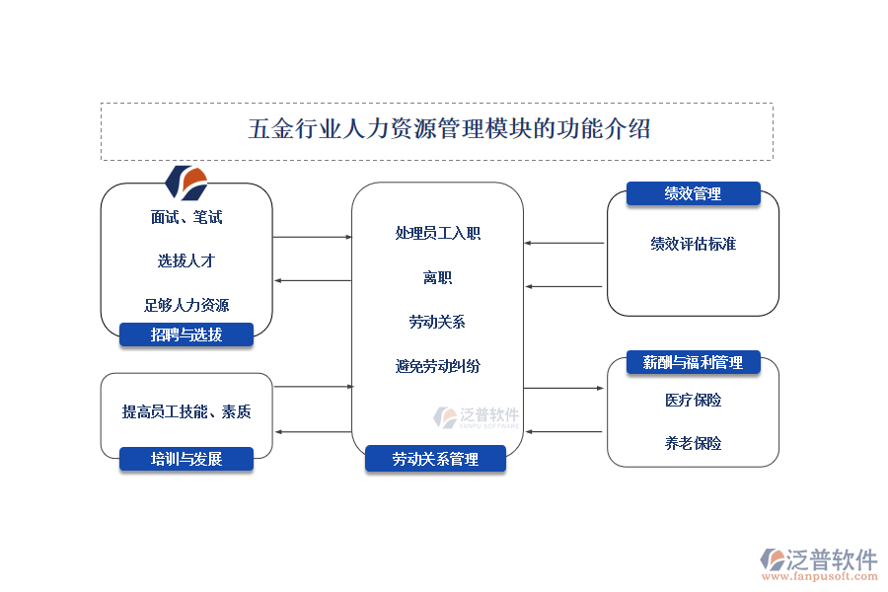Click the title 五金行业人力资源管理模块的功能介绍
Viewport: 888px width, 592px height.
[449, 129]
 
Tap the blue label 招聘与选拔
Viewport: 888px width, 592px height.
[186, 334]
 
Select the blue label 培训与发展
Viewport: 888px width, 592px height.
[186, 459]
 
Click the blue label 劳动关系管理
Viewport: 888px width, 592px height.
[435, 459]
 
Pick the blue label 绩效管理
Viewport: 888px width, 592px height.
[693, 193]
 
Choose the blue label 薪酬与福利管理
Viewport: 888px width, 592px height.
[693, 362]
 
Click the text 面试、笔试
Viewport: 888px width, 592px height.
[186, 217]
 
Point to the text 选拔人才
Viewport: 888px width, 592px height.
[186, 261]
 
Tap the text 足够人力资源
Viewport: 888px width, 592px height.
[186, 305]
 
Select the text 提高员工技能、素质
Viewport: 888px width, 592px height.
[186, 411]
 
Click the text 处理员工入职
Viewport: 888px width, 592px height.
[438, 234]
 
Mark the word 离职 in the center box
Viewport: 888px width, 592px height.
[438, 278]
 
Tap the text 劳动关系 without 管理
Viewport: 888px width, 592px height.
[438, 322]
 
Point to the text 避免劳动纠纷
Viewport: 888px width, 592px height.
[438, 366]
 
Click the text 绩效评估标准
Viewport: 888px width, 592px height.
[693, 244]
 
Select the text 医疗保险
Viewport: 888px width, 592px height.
[693, 400]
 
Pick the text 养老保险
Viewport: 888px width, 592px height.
[693, 443]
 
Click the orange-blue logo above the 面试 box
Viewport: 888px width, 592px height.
[186, 183]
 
